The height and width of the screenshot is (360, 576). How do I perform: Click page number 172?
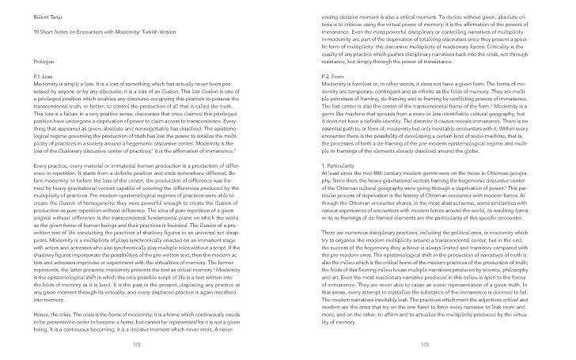click(136, 344)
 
